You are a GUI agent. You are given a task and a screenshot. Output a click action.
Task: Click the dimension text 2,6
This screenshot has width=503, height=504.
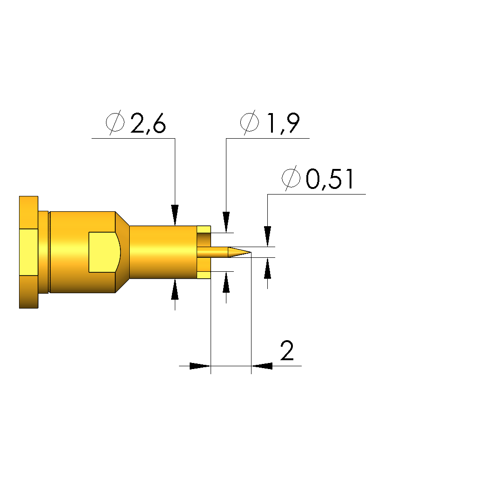click(148, 123)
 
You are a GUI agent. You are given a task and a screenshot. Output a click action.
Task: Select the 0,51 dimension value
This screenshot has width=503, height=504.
click(330, 179)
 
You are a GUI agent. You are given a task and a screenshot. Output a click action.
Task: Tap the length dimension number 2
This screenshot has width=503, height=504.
click(287, 351)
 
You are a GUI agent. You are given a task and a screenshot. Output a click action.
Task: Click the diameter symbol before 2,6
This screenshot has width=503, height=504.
click(115, 122)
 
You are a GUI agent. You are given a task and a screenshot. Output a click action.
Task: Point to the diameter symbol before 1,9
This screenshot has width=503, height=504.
click(250, 122)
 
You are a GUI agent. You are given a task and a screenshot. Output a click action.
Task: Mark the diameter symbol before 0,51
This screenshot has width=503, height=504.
click(291, 178)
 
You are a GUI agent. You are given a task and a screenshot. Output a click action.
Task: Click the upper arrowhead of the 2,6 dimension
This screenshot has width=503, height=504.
click(175, 215)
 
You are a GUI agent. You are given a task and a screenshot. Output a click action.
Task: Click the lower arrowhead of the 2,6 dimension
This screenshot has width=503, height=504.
click(175, 289)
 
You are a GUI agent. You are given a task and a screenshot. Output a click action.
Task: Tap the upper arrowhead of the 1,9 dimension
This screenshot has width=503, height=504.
click(226, 222)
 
